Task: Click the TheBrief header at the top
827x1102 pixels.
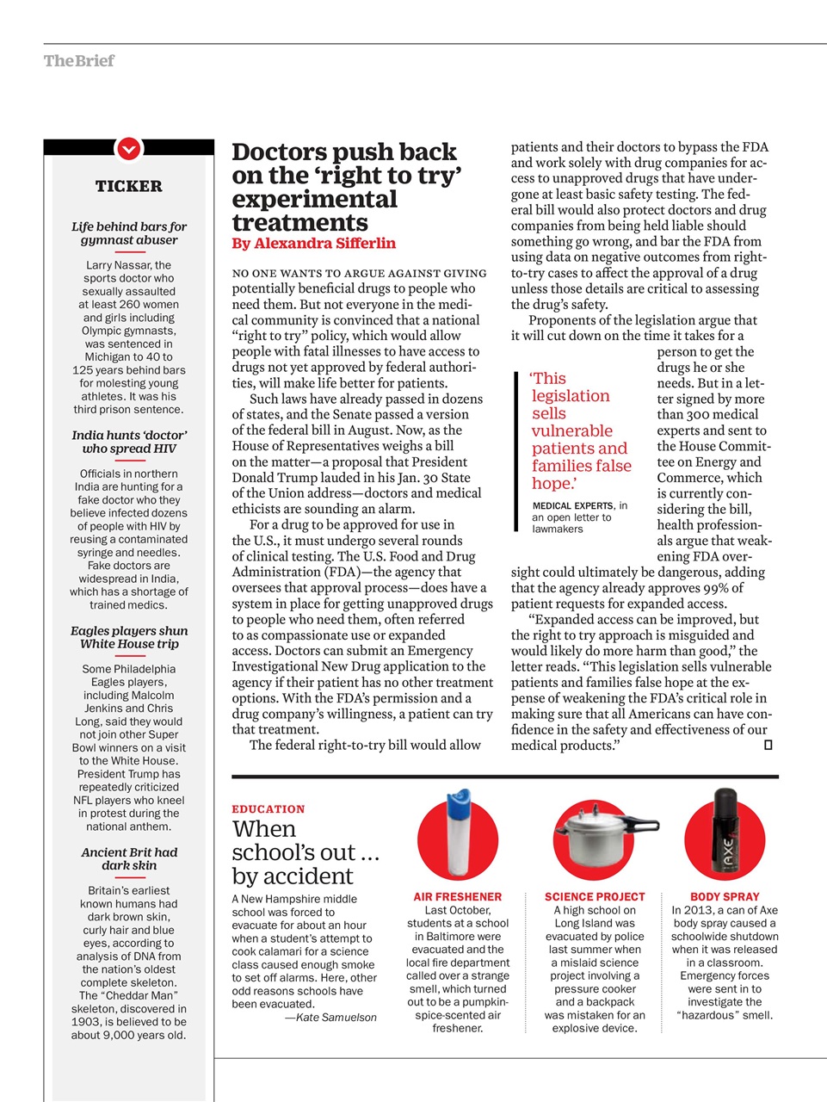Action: [78, 61]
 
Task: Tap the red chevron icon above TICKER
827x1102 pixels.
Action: [128, 149]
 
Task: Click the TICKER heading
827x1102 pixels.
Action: [128, 186]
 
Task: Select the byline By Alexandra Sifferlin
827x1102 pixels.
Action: [313, 244]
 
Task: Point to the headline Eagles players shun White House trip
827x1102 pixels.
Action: [128, 637]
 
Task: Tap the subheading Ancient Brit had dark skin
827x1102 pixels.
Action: [128, 858]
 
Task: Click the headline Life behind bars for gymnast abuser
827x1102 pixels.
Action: [128, 233]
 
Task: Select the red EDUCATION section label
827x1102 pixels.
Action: [268, 809]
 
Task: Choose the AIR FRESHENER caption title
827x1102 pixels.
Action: [457, 896]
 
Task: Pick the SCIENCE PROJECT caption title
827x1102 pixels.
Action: [595, 896]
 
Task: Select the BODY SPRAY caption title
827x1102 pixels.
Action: [725, 896]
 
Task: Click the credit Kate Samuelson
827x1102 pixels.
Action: [331, 1018]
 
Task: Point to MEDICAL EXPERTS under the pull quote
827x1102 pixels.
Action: [572, 506]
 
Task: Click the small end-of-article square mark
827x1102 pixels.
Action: [768, 745]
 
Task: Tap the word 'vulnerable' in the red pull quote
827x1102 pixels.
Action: [571, 431]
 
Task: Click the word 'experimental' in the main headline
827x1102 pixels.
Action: [314, 200]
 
